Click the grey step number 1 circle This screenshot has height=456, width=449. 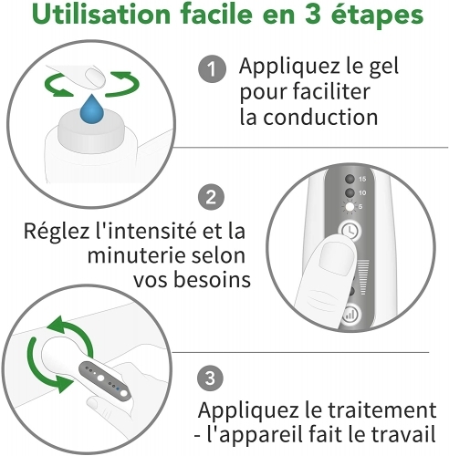(212, 68)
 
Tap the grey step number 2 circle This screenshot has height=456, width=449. (211, 197)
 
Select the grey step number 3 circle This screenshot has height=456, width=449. (210, 378)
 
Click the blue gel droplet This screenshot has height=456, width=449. (91, 109)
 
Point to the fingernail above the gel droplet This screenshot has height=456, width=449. (95, 78)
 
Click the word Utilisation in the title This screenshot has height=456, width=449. (101, 15)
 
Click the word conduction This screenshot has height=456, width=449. (320, 117)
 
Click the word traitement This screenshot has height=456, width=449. (382, 409)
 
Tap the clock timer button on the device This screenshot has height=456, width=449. (350, 231)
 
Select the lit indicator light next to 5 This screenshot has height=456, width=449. (350, 207)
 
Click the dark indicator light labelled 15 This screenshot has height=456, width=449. (350, 179)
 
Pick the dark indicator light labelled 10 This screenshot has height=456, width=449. (350, 192)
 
